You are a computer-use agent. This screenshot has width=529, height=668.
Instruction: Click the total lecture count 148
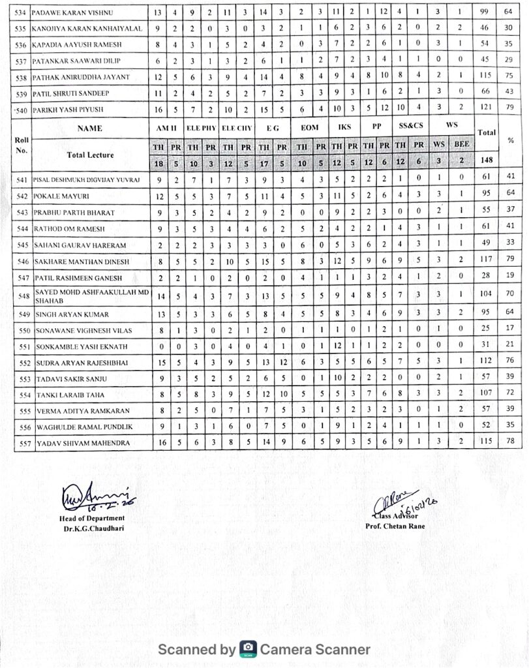click(x=487, y=159)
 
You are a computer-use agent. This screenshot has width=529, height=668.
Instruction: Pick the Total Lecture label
click(x=90, y=155)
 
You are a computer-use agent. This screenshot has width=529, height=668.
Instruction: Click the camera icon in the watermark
click(x=248, y=649)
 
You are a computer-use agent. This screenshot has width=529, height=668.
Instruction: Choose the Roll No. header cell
click(x=22, y=145)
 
